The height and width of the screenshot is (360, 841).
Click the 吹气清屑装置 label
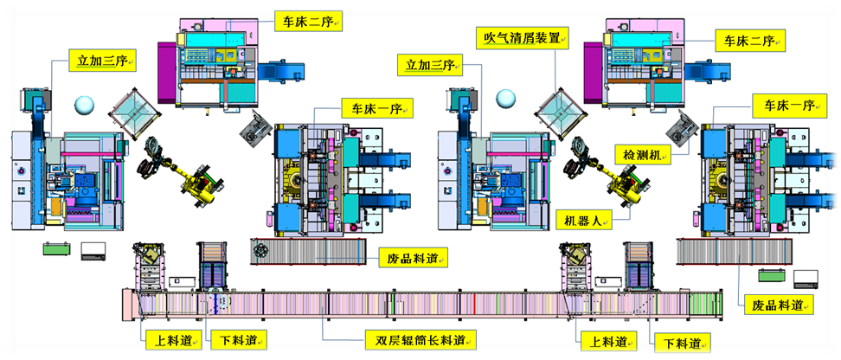pyautogui.click(x=525, y=39)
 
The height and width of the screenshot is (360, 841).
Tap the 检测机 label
pyautogui.click(x=642, y=154)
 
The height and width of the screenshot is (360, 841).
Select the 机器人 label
pyautogui.click(x=583, y=221)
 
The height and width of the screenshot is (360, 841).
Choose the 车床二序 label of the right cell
pyautogui.click(x=748, y=40)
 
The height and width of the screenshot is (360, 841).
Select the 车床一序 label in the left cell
pyautogui.click(x=375, y=107)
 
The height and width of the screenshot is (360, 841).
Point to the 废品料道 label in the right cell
pyautogui.click(x=780, y=305)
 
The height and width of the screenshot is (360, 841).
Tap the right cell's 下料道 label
pyautogui.click(x=679, y=343)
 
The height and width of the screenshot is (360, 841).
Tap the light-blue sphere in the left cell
pyautogui.click(x=86, y=106)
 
